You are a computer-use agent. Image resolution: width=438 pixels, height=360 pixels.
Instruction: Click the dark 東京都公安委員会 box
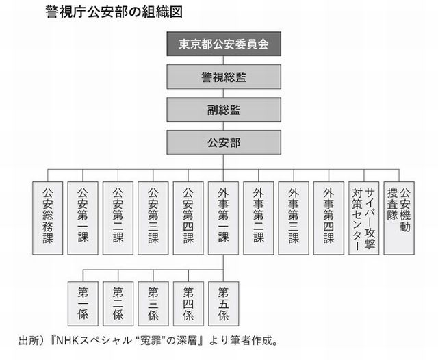tap(224, 44)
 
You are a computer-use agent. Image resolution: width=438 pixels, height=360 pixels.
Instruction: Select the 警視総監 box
tap(224, 77)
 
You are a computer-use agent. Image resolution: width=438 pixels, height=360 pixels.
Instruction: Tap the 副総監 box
tap(224, 110)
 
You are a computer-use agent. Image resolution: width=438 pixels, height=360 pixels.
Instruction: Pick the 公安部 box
tap(224, 142)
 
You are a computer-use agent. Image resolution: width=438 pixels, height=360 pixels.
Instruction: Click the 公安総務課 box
tap(48, 218)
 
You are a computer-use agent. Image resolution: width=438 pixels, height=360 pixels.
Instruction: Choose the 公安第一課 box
tap(83, 218)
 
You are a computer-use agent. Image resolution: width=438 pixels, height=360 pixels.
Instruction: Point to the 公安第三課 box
tap(153, 218)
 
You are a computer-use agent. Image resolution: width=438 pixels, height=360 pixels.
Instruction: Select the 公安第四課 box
tap(188, 218)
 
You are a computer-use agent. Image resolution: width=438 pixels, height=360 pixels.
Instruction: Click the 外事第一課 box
tap(224, 218)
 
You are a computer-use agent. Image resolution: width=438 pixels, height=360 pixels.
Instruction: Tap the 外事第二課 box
tap(259, 218)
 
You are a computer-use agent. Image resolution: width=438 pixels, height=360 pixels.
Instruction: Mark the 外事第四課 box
tap(328, 218)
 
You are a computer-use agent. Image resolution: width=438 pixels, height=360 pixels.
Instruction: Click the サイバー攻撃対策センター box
tap(364, 218)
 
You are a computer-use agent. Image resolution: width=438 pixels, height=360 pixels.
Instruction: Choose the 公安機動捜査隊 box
tap(399, 218)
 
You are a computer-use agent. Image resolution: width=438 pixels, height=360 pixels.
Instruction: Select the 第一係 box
tap(83, 304)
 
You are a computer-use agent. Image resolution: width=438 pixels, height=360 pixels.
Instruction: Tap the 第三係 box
tap(153, 304)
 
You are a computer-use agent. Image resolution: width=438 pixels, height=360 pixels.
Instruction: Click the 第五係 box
tap(224, 304)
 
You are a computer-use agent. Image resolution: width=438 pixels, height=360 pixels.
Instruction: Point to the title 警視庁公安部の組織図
tap(114, 12)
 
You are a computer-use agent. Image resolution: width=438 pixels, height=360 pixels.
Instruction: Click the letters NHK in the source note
tap(66, 341)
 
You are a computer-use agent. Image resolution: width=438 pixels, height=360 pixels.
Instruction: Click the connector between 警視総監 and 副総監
tap(224, 93)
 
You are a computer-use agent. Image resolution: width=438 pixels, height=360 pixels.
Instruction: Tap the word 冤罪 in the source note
tap(151, 341)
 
